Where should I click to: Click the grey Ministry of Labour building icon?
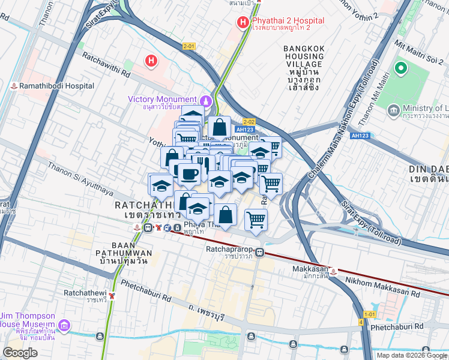(x=394, y=110)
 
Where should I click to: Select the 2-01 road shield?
(x=189, y=46)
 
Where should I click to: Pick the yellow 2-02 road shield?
(x=249, y=122)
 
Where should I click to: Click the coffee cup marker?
(x=190, y=174)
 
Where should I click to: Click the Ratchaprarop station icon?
(x=259, y=253)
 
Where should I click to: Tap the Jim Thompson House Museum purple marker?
(x=65, y=327)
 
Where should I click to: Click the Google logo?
(x=20, y=353)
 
